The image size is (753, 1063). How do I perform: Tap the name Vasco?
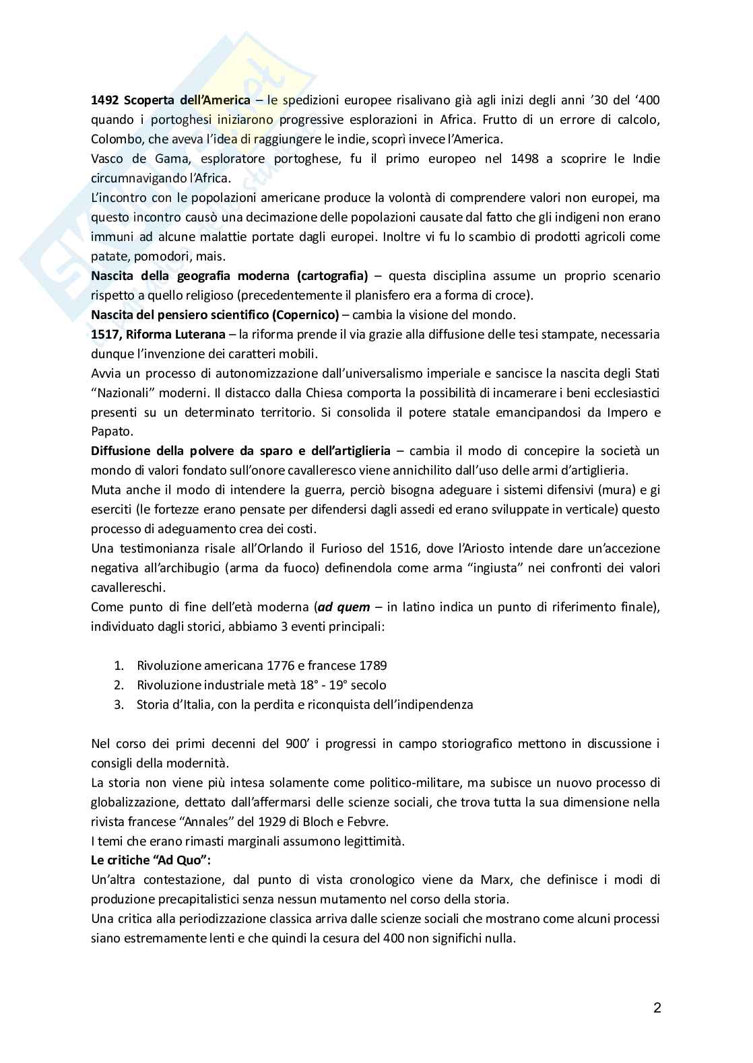point(108,159)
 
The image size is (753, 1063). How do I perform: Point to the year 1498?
point(523,159)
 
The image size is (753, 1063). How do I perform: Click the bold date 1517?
point(104,335)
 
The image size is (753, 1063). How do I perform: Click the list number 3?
point(119,705)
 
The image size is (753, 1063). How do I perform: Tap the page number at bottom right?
point(657,1008)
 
